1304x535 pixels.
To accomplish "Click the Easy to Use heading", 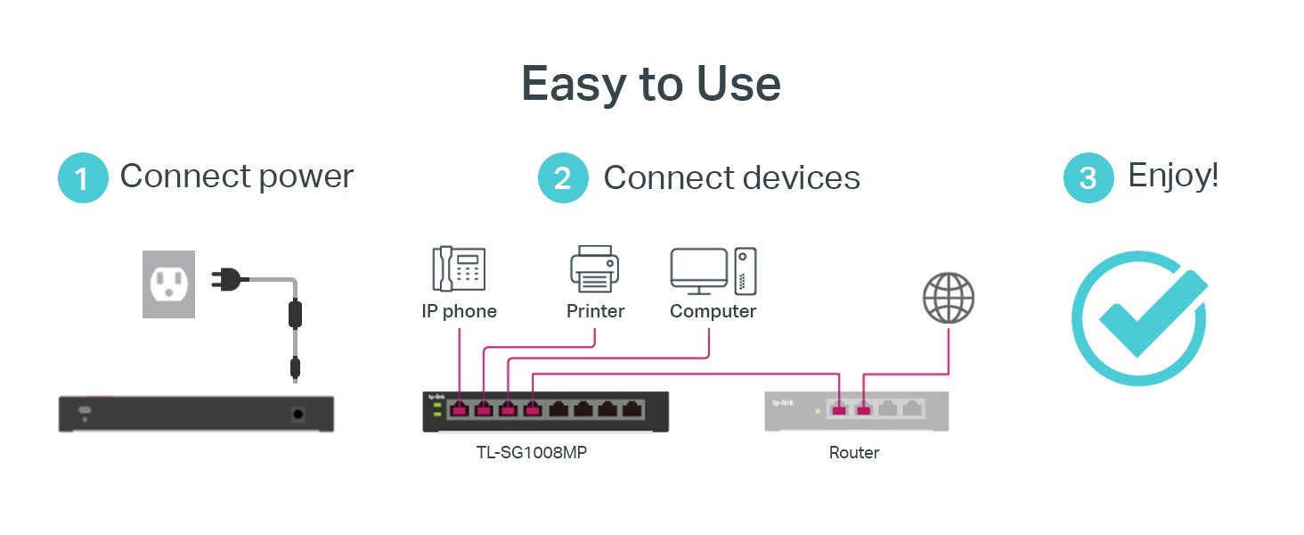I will coord(650,85).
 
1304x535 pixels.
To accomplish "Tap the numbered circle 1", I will coord(83,177).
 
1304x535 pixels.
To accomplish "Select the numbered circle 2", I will coord(563,177).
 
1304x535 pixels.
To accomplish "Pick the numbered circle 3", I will coord(1088,177).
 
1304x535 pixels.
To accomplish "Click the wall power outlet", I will coord(168,284).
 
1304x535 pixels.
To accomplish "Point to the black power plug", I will coord(229,280).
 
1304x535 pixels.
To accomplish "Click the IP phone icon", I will coord(459,269).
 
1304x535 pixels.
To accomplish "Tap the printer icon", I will coord(594,269).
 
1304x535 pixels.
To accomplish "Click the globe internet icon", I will coord(949,298).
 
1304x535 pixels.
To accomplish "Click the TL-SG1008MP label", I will coord(532,453).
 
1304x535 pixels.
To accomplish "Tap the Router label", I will coord(854,453).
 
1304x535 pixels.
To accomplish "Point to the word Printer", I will coord(595,311).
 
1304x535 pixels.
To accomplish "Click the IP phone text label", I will coord(459,311).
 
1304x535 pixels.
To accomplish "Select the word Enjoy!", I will coord(1173,176).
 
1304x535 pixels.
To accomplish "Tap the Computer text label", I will coord(713,311).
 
